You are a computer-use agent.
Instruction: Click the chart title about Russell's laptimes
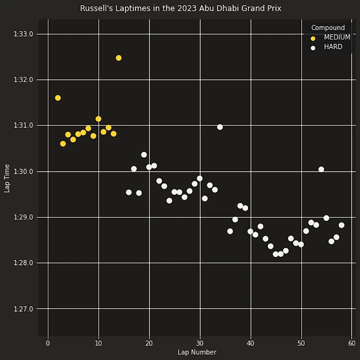tap(180, 8)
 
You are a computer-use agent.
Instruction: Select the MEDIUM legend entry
tap(337, 37)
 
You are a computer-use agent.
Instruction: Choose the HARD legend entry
tap(333, 47)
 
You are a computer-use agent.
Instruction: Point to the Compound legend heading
tap(328, 28)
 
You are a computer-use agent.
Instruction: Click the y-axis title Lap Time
tap(7, 178)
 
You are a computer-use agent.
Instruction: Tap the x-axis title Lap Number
tap(197, 352)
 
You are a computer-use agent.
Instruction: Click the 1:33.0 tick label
tap(24, 34)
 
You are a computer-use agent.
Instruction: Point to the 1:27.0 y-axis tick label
tap(24, 309)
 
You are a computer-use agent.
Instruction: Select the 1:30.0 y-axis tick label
tap(24, 172)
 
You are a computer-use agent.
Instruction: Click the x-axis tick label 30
tap(200, 343)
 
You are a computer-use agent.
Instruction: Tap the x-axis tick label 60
tap(352, 343)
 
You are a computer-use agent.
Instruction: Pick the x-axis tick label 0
tap(48, 343)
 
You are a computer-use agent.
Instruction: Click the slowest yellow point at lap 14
tap(118, 58)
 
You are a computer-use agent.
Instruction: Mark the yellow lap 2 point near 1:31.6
tap(58, 98)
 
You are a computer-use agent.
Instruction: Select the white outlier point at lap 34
tap(220, 127)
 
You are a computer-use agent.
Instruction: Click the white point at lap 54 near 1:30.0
tap(321, 169)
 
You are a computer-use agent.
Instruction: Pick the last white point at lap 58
tap(341, 225)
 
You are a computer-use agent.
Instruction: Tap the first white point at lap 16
tap(129, 192)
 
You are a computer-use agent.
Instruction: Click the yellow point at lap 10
tap(99, 119)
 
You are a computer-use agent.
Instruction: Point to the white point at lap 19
tap(144, 155)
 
